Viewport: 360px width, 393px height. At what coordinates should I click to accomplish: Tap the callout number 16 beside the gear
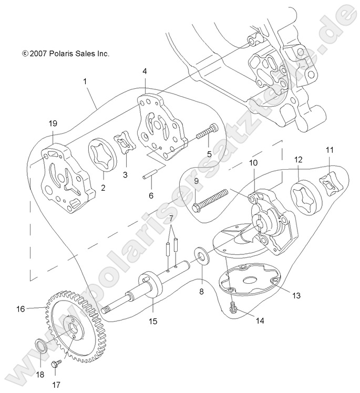coord(20,309)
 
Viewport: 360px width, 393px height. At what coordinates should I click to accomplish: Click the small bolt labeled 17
coord(55,364)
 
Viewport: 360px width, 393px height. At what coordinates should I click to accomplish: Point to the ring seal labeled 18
coord(40,347)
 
